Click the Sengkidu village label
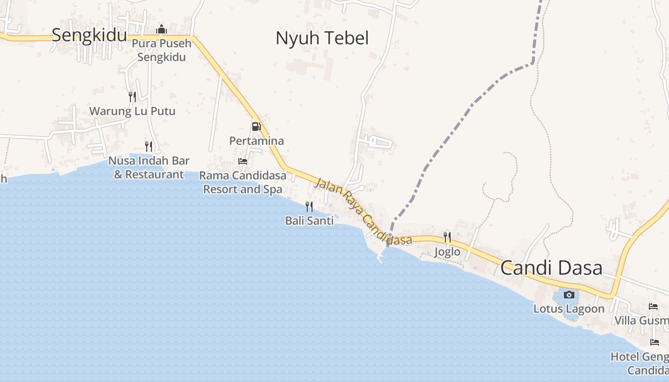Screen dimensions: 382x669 (89, 35)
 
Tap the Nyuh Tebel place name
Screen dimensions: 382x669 (322, 38)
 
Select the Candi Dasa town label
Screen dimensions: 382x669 (551, 268)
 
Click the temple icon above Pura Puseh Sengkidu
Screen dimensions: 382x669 (162, 30)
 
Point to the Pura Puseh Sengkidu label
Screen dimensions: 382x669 (162, 50)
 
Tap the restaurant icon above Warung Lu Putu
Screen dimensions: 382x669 (132, 97)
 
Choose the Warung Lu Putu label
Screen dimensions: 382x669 (132, 112)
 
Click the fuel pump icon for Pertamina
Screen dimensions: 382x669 (257, 127)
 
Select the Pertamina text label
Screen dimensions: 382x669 (257, 141)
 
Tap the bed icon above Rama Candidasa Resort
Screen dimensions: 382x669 (243, 161)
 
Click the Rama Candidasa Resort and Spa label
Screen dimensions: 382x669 (243, 182)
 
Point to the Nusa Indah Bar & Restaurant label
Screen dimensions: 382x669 (149, 168)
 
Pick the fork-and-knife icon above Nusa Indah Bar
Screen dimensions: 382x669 (149, 146)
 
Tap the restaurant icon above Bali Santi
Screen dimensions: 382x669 (309, 206)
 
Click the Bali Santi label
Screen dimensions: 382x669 (309, 221)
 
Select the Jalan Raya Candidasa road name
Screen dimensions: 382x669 (363, 211)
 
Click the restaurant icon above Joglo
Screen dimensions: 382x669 (447, 237)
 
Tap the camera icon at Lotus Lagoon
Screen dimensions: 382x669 (569, 295)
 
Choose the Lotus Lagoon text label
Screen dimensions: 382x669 (569, 309)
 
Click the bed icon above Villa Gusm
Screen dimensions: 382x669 (653, 306)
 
